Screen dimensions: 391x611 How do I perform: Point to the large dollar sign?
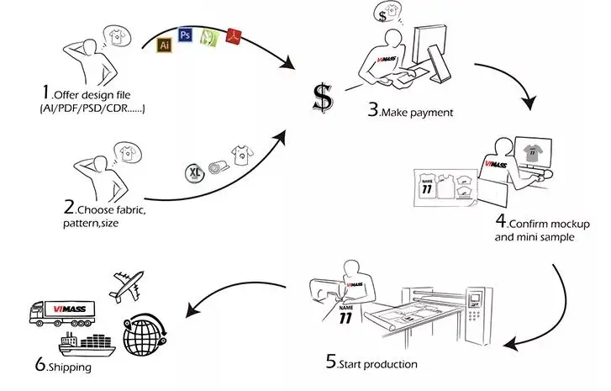pyautogui.click(x=321, y=97)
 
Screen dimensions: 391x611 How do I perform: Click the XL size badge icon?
pyautogui.click(x=195, y=172)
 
